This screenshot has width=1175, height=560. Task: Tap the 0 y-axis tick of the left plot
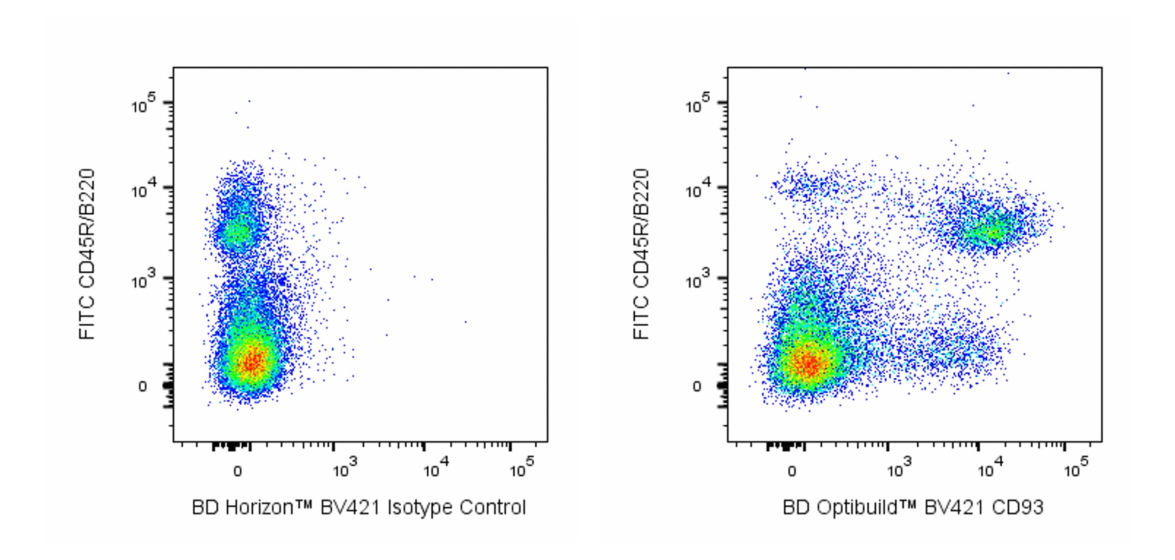pyautogui.click(x=143, y=386)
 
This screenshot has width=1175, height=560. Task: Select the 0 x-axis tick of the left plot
pyautogui.click(x=237, y=471)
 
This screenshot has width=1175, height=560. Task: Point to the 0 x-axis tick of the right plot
pyautogui.click(x=792, y=471)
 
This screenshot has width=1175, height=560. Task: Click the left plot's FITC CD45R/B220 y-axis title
pyautogui.click(x=87, y=254)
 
